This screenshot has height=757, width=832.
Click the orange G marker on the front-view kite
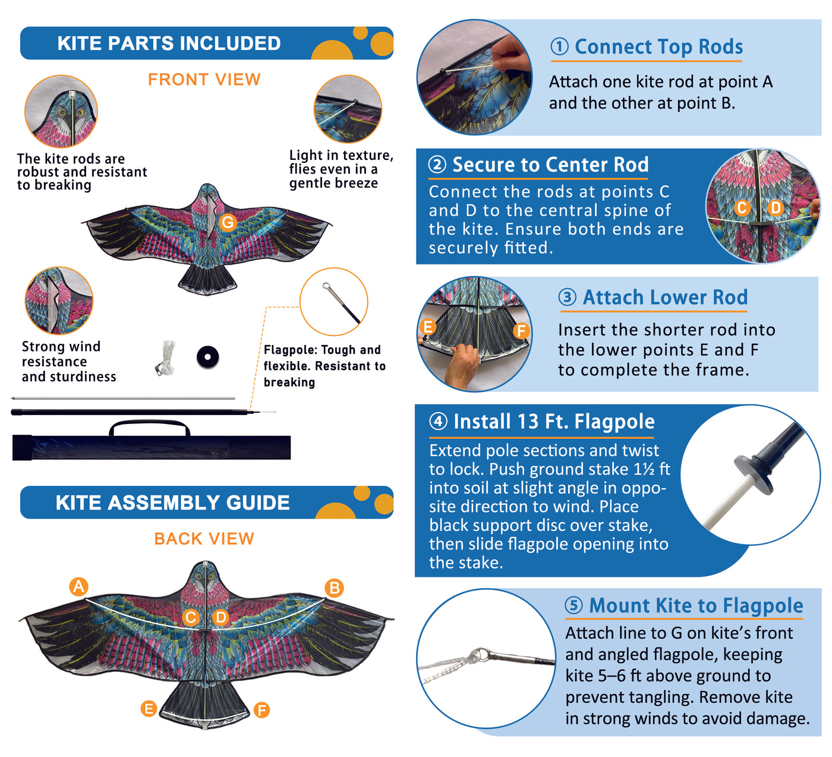coord(228,222)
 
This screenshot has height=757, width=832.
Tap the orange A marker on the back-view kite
coord(78,586)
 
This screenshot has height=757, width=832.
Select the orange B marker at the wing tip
coord(335,588)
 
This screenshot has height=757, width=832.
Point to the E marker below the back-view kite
coord(149,708)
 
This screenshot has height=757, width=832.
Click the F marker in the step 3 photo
coord(521,331)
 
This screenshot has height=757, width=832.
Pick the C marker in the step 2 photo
coord(742,208)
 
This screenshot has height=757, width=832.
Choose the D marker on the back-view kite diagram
coord(220,617)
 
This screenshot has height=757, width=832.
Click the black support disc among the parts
coord(207,357)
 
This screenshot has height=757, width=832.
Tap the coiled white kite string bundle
coord(166,357)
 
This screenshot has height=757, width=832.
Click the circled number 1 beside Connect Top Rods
coord(559,46)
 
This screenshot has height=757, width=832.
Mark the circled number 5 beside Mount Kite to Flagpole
coord(573,605)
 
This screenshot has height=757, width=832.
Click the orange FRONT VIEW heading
coord(204,79)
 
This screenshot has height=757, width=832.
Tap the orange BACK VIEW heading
coord(204,539)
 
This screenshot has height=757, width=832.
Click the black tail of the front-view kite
coord(207,279)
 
